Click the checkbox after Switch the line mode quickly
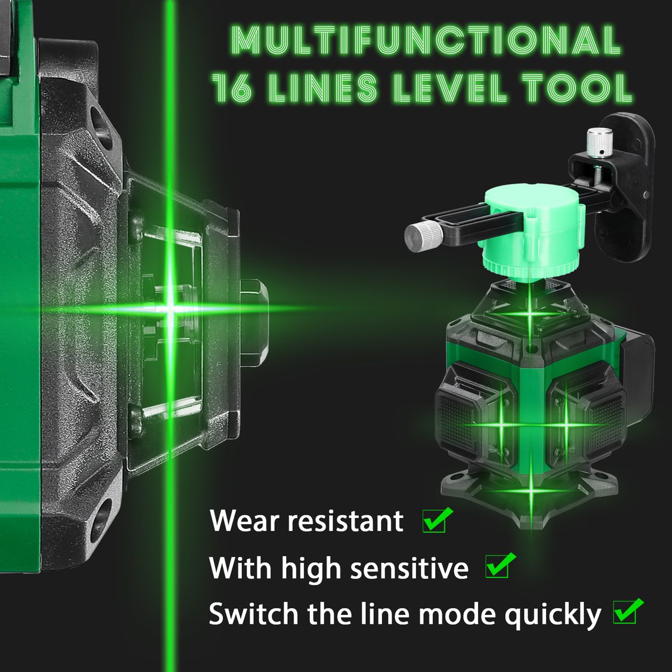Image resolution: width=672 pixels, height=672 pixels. [627, 611]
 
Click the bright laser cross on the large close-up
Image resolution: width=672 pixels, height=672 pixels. [170, 307]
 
